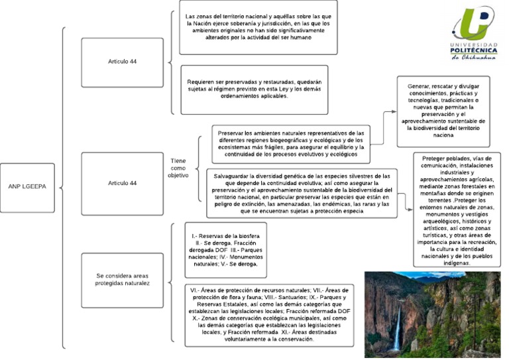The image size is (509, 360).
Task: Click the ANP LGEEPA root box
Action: click(x=28, y=188)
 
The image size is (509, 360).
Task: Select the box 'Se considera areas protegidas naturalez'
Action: click(x=122, y=278)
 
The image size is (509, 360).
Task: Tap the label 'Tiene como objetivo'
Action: click(x=179, y=168)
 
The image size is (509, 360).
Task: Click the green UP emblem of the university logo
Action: click(x=473, y=23)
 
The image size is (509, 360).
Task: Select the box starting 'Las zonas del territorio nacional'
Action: click(x=258, y=27)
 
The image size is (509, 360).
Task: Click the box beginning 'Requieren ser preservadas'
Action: click(x=258, y=90)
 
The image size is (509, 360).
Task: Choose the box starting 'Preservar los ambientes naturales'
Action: click(x=291, y=143)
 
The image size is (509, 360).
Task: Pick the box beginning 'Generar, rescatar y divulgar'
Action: click(x=443, y=111)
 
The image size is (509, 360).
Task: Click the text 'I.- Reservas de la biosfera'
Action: click(x=226, y=236)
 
